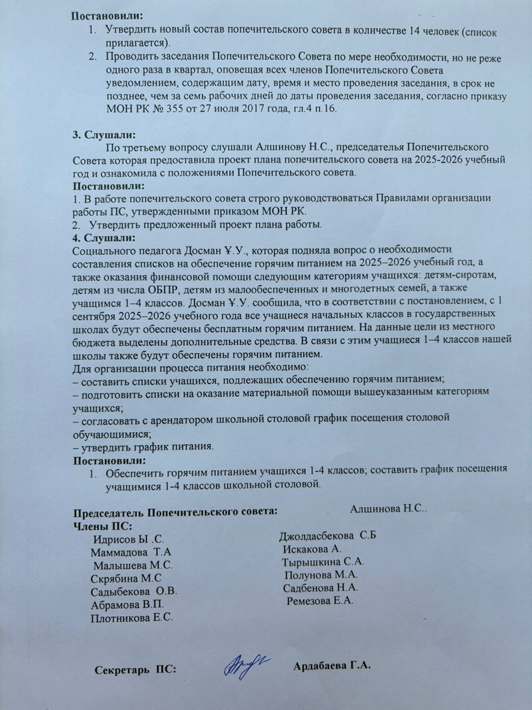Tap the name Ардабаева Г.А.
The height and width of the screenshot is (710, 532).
[332, 666]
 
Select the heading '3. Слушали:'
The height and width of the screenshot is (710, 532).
[104, 134]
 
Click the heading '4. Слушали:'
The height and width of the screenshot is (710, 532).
[104, 238]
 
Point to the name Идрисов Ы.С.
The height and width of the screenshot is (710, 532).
[128, 539]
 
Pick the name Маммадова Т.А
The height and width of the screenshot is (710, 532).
[131, 552]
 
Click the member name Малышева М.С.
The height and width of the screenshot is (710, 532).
[132, 565]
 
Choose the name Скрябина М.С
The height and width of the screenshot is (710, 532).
[126, 578]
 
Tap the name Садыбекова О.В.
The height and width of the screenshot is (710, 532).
[134, 591]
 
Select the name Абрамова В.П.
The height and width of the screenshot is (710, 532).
[127, 605]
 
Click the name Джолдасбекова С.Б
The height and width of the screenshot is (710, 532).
[327, 536]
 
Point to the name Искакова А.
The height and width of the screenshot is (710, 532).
[312, 549]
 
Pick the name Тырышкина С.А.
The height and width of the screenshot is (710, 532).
[323, 562]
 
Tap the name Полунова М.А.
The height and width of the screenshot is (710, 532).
[321, 575]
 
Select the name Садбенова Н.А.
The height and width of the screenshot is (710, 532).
[321, 588]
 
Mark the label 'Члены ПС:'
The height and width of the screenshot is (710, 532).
[103, 526]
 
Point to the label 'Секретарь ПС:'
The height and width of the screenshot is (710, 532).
[135, 670]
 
